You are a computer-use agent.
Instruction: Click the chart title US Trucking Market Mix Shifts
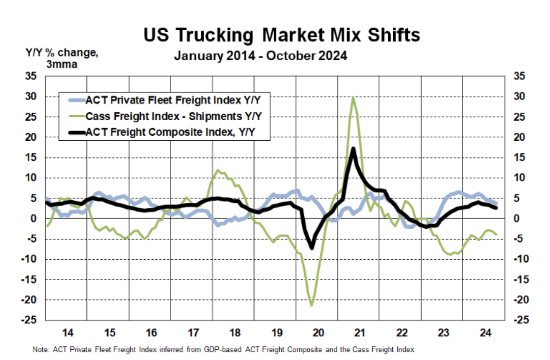(282, 36)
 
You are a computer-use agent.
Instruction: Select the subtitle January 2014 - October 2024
(261, 55)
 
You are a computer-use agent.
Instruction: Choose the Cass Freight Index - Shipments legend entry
(174, 116)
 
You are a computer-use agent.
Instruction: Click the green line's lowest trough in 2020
(312, 306)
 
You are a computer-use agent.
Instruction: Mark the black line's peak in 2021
(353, 148)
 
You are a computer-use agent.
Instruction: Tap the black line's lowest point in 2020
(312, 248)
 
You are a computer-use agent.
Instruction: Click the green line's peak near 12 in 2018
(218, 170)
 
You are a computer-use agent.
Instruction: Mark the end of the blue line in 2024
(495, 203)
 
